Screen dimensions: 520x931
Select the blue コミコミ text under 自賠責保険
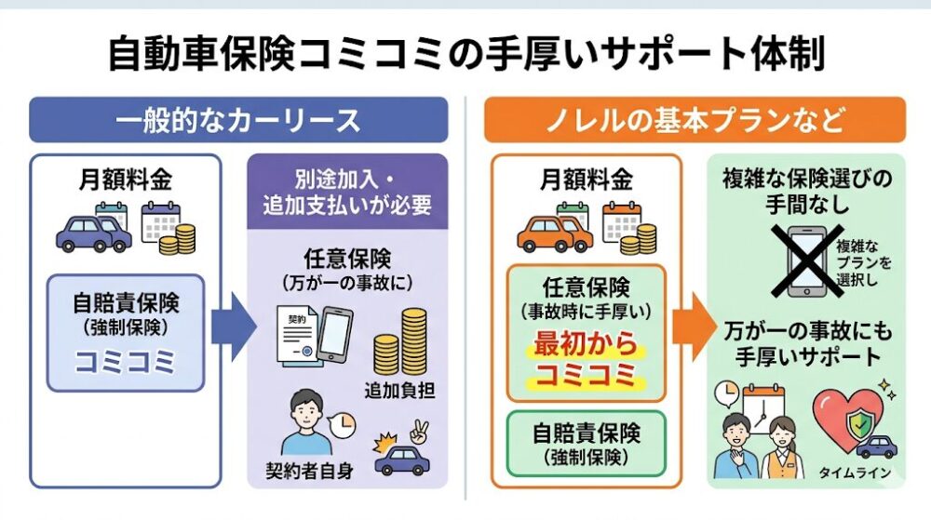point(125,357)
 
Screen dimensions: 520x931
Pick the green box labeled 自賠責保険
point(587,443)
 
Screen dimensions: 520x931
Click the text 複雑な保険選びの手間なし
point(805,188)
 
